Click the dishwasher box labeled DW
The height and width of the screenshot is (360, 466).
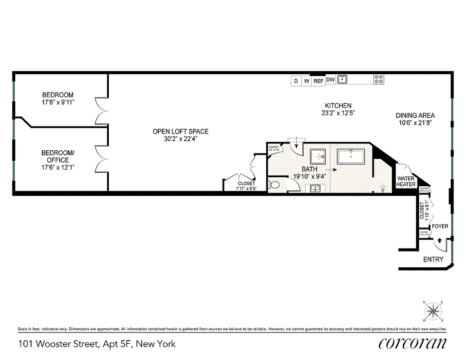[330, 80]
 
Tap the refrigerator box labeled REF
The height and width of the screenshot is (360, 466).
[318, 81]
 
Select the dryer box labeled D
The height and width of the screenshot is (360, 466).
[296, 81]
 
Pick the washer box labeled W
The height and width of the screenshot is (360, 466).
[307, 81]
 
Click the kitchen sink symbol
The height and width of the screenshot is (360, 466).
[343, 80]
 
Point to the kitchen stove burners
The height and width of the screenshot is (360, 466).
[378, 80]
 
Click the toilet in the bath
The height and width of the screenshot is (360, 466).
[273, 184]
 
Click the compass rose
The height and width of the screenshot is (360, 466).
[433, 310]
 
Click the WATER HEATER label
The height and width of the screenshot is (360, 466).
[406, 181]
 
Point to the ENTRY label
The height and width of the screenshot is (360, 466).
[433, 260]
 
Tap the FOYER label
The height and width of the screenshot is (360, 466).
[440, 226]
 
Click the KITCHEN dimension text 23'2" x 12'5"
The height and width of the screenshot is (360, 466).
[336, 113]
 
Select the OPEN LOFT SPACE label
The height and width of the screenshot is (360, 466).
[180, 131]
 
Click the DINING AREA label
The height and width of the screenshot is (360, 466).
[415, 115]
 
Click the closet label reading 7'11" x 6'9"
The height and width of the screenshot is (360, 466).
[246, 189]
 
